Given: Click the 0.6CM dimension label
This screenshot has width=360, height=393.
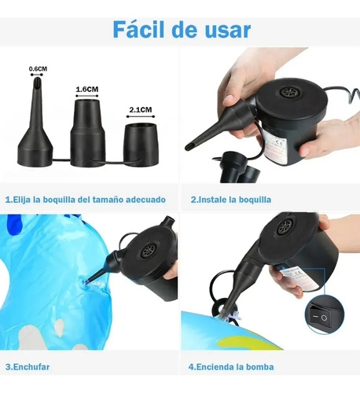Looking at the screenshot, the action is click(x=38, y=69).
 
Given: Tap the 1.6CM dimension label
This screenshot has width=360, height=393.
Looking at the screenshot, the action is click(x=87, y=90).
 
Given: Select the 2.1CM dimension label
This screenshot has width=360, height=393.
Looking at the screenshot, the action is click(x=141, y=109).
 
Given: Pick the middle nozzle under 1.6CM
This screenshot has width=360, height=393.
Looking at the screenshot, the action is click(x=88, y=132).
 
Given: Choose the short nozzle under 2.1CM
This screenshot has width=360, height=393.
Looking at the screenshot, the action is click(x=141, y=145).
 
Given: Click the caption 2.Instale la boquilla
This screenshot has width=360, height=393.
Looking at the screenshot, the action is click(x=231, y=200).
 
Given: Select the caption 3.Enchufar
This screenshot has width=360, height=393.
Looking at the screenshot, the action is click(x=28, y=367).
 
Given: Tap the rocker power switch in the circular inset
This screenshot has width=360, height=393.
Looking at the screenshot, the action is click(x=320, y=318).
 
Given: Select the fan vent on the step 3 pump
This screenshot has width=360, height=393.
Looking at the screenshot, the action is click(x=149, y=250).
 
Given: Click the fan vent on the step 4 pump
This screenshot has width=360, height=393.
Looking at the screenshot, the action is click(x=285, y=226).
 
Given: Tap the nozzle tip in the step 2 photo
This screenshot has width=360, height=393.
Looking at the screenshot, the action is click(x=188, y=147).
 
